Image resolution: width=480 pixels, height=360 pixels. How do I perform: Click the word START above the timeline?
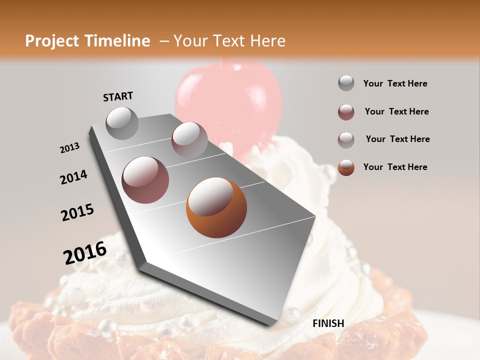118,96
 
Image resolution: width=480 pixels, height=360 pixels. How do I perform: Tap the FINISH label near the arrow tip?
328,323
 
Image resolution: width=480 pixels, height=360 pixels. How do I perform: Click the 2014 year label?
73,177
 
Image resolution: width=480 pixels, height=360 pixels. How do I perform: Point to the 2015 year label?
77,212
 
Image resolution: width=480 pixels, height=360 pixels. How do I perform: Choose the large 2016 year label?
85,252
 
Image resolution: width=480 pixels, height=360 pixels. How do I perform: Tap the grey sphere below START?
122,123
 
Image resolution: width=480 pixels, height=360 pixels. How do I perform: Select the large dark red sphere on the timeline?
145,180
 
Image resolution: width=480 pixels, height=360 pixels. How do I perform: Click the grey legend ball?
346,83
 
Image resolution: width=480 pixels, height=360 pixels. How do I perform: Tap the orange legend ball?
346,167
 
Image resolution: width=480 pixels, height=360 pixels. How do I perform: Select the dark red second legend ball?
346,112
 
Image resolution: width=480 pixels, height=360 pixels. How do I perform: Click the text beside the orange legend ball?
395,167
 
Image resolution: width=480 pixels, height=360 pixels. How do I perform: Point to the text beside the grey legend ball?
395,83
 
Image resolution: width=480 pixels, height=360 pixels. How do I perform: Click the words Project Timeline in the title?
87,41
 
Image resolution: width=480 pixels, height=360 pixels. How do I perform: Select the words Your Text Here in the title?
229,41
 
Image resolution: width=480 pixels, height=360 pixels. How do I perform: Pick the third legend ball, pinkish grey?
346,140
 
